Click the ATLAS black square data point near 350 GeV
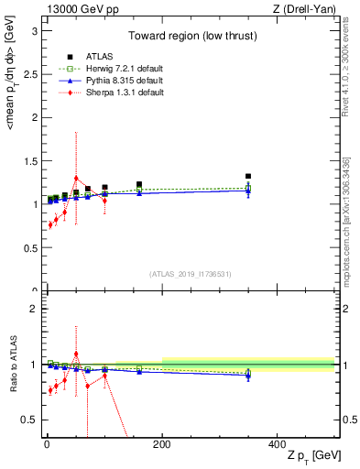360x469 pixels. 248,176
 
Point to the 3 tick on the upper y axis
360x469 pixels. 36,30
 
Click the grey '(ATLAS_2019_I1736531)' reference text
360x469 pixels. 190,274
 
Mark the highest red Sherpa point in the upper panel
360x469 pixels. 76,178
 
